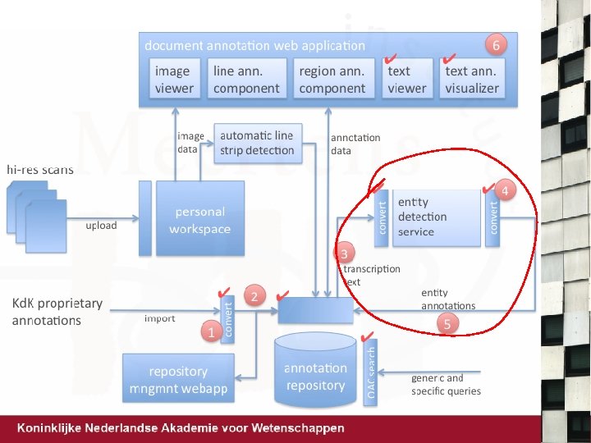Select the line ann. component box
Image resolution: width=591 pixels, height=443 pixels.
(246, 80)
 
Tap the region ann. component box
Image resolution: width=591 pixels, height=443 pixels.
(332, 80)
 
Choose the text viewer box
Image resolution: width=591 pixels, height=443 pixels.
(407, 80)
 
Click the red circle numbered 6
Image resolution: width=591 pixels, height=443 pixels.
(495, 43)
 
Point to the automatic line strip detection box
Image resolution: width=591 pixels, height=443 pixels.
(257, 143)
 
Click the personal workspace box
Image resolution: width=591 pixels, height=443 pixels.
(200, 219)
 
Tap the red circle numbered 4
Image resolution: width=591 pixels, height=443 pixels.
(506, 191)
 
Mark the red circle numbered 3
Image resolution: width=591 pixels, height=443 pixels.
(345, 252)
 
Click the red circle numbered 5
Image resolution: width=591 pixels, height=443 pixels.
(447, 324)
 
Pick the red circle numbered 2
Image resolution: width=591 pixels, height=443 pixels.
(255, 296)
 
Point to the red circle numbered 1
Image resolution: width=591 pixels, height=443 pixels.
(211, 332)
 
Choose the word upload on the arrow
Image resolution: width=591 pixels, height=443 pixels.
(102, 225)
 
